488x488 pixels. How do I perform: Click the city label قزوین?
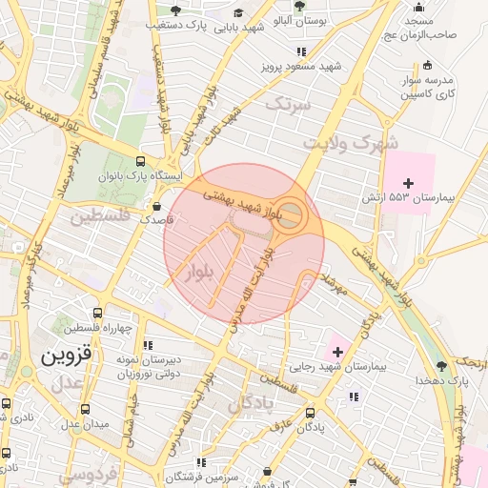click(x=66, y=356)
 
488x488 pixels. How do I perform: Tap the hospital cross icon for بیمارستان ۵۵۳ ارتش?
click(x=409, y=182)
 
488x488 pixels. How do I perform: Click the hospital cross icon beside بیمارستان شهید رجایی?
click(x=335, y=353)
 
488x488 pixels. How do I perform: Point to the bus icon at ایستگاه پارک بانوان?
click(x=141, y=162)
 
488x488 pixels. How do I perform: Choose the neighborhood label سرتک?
click(x=289, y=105)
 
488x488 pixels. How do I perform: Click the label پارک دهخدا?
click(x=439, y=379)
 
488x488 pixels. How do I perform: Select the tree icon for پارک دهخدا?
click(x=439, y=366)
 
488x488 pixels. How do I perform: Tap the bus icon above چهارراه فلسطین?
click(x=98, y=313)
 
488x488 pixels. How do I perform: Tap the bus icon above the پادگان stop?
click(x=311, y=414)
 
